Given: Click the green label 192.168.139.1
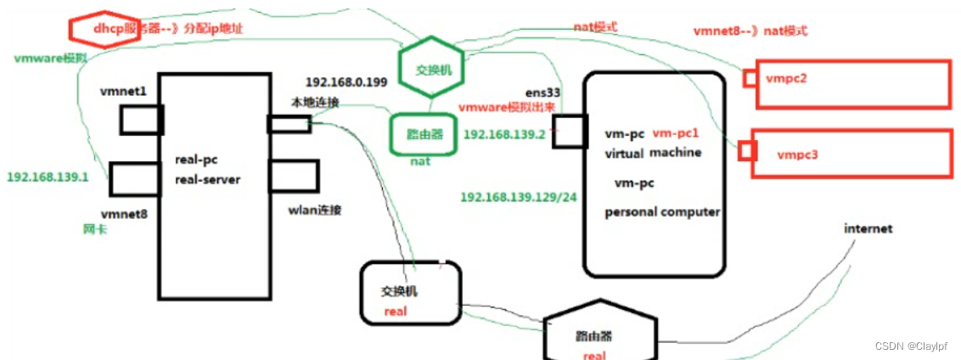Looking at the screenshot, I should point(48,177).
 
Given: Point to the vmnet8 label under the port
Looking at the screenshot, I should point(124,215).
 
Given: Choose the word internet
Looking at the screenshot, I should point(868,229).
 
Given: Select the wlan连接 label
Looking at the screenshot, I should point(316,210).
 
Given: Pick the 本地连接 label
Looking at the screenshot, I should point(316,103).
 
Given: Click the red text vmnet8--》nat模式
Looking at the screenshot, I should point(750,31).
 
